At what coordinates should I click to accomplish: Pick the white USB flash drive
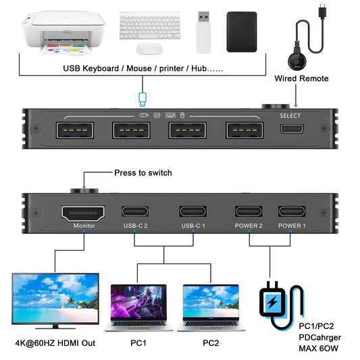pyautogui.click(x=205, y=32)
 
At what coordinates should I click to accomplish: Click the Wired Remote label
pyautogui.click(x=301, y=78)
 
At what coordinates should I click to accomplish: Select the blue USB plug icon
pyautogui.click(x=143, y=99)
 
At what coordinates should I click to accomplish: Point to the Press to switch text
pyautogui.click(x=143, y=173)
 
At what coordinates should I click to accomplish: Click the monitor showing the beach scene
pyautogui.click(x=55, y=299)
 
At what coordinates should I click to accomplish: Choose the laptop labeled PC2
pyautogui.click(x=211, y=307)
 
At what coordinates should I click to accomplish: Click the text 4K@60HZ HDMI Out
pyautogui.click(x=55, y=343)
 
